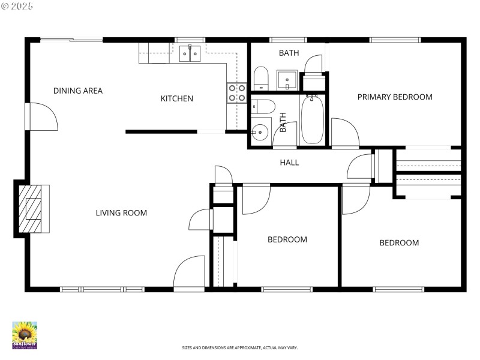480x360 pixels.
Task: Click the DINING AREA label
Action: (78, 91)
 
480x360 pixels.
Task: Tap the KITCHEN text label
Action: (176, 98)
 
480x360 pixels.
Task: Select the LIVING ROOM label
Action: (121, 213)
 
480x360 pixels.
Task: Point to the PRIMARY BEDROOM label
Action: (395, 97)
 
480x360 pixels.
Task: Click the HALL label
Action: (289, 163)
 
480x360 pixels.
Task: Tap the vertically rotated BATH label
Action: (283, 123)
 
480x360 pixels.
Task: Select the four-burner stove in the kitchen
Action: (236, 92)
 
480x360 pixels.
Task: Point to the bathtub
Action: (312, 120)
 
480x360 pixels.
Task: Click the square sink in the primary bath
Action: (287, 80)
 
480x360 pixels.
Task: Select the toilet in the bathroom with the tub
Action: (263, 106)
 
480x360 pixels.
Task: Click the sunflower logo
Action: (25, 335)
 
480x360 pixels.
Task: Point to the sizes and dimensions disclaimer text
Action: (240, 348)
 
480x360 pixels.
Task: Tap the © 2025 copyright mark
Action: (17, 6)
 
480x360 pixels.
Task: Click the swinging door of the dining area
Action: (42, 116)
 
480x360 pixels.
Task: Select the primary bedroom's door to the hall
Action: (344, 133)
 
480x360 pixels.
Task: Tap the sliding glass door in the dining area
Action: (72, 40)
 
